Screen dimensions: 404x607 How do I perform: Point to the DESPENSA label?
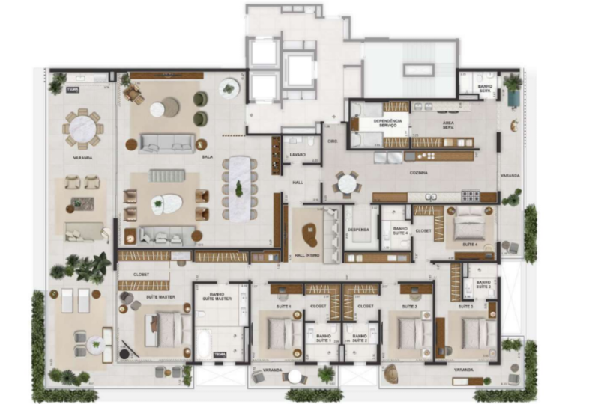[x=357, y=230]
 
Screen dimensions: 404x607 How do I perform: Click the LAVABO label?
[x=298, y=155]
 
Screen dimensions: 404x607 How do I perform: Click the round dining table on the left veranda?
[x=83, y=129]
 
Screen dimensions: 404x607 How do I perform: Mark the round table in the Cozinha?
[x=346, y=183]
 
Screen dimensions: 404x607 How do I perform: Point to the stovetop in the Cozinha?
[x=469, y=196]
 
